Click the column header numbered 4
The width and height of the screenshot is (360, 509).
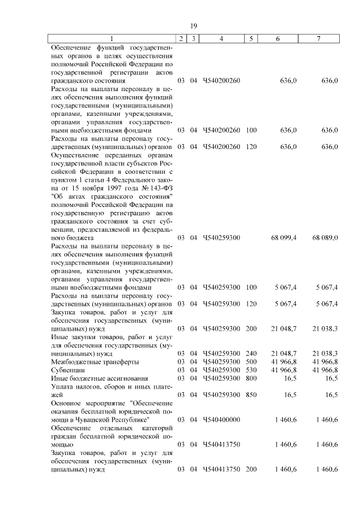click(x=221, y=39)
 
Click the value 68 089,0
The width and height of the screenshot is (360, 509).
click(x=325, y=238)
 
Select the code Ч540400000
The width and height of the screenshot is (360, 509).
click(x=221, y=420)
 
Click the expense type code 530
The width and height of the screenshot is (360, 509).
click(x=251, y=370)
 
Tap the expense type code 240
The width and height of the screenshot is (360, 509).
click(x=251, y=354)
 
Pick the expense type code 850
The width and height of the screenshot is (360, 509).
click(x=251, y=395)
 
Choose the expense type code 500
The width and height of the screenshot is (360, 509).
click(x=251, y=362)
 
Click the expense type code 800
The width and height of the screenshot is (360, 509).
click(x=251, y=379)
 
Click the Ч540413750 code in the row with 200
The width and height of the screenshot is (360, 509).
click(x=221, y=469)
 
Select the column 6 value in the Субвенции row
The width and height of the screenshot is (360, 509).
click(x=284, y=370)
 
